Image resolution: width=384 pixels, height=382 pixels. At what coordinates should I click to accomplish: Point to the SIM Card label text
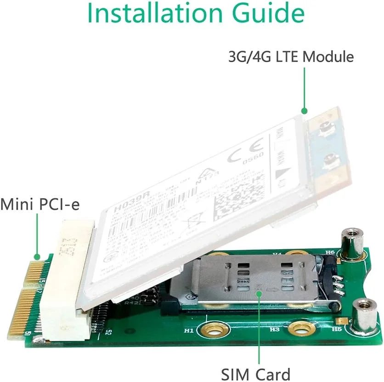point(256,373)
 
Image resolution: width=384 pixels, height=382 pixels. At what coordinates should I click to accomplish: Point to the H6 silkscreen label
point(330,252)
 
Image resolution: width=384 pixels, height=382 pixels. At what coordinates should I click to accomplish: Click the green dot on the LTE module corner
point(303,111)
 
